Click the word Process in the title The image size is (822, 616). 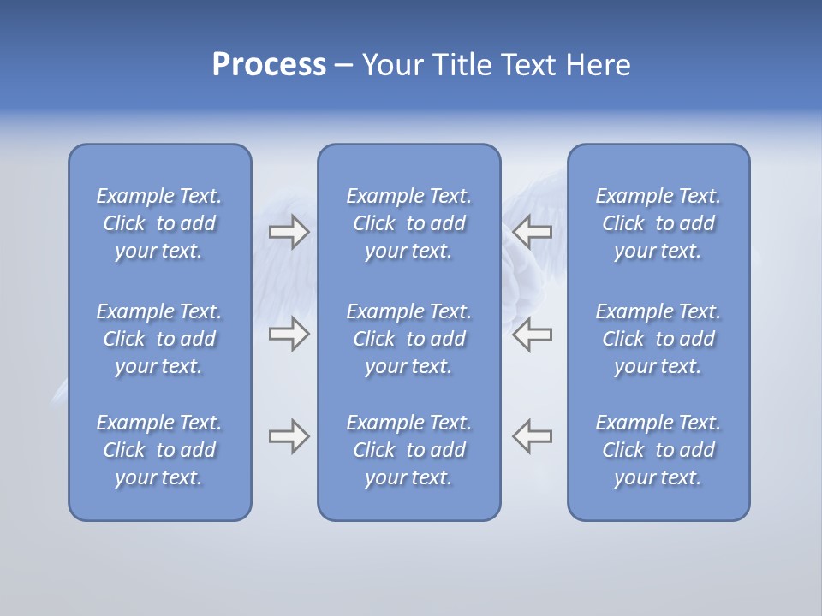269,65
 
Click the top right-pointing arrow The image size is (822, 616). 289,231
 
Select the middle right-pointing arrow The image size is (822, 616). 289,334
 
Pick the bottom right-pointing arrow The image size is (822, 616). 289,436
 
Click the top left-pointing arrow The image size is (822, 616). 532,231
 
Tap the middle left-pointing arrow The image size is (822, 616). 532,334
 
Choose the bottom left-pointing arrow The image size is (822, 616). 532,436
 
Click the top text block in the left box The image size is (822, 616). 159,223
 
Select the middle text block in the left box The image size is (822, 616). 159,339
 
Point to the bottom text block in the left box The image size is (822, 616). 159,450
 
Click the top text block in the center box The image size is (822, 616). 409,223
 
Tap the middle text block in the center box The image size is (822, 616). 409,339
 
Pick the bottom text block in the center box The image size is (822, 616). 409,450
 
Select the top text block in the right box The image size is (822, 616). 658,223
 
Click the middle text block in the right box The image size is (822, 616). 658,339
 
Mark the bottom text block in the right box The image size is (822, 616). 658,450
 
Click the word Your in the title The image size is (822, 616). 390,65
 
